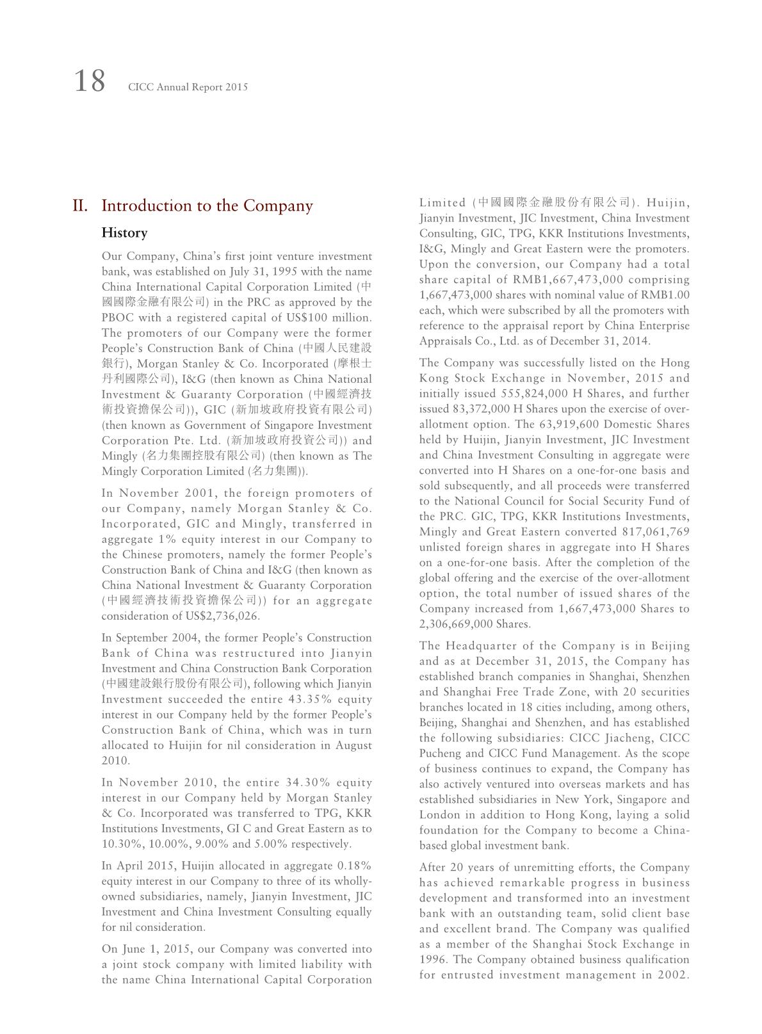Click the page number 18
(90, 82)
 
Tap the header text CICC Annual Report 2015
(188, 87)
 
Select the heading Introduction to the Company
(207, 206)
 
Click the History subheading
(124, 232)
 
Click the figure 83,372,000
(480, 409)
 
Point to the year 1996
(433, 960)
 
